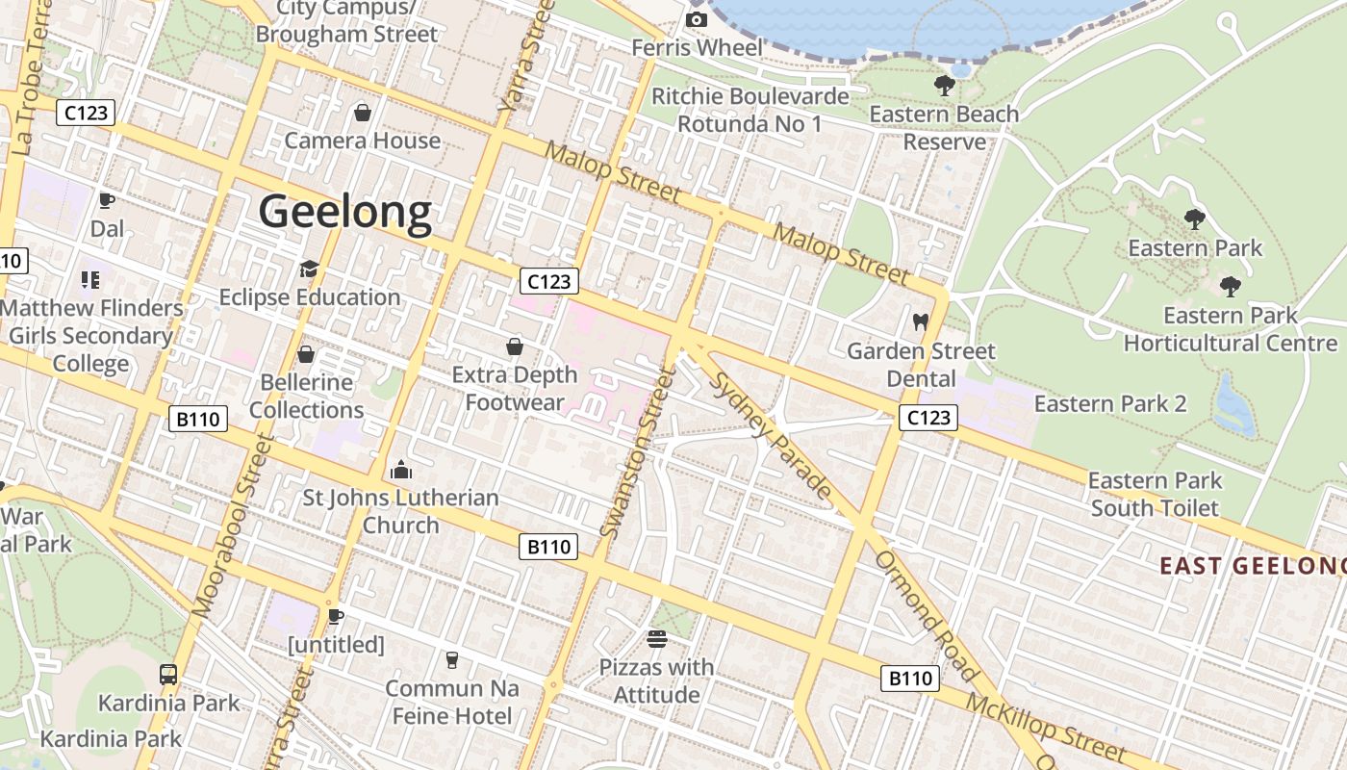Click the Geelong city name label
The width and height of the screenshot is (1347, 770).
[x=345, y=212]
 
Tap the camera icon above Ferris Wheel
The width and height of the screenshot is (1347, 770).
[x=697, y=19]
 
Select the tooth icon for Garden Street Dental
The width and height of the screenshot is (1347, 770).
[x=921, y=321]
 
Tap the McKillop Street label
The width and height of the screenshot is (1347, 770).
[x=1045, y=728]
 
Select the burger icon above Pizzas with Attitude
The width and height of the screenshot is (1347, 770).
[x=657, y=638]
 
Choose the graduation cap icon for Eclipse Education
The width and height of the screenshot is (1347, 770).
[x=309, y=269]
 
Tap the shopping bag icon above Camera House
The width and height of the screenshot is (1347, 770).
[x=363, y=113]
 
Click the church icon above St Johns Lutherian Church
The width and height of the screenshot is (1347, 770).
[x=401, y=470]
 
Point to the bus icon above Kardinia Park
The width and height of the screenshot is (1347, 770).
[x=168, y=674]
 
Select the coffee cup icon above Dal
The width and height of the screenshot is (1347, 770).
[x=107, y=200]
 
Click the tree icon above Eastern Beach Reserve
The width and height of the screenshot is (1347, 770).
[x=944, y=86]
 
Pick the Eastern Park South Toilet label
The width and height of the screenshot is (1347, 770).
[x=1155, y=494]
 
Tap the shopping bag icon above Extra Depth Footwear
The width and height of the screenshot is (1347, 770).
[x=515, y=346]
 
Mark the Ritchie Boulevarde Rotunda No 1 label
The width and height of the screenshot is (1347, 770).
[x=750, y=111]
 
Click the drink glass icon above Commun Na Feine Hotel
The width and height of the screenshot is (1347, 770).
[x=451, y=659]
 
